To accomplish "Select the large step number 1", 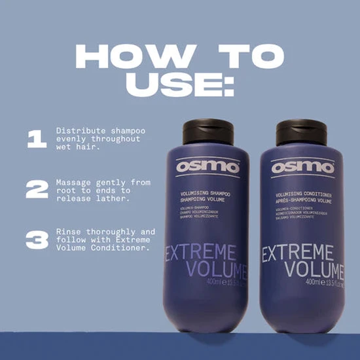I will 37,139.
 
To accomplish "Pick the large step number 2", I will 37,189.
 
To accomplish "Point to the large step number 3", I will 37,240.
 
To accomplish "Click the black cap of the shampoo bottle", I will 206,131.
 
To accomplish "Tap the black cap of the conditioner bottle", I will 302,131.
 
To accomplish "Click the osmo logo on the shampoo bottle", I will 207,167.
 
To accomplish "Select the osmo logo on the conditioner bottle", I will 302,167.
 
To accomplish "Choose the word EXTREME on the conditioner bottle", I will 302,252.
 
